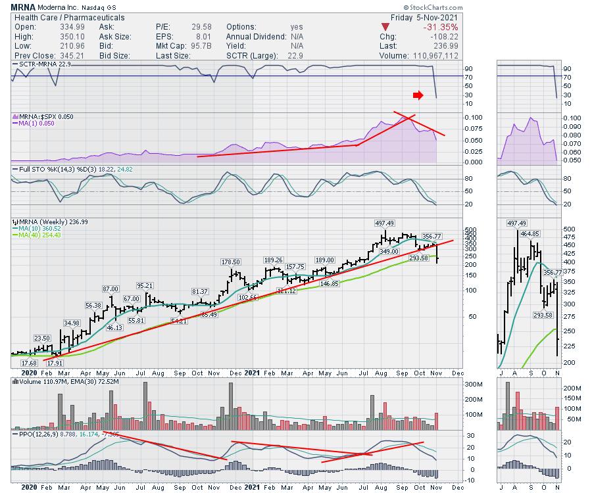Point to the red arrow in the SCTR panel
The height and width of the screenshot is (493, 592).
coord(418,96)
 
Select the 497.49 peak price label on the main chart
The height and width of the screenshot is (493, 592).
coord(385,223)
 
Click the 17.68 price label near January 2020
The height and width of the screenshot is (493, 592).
coord(29,363)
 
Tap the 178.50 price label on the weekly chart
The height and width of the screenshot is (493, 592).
coord(233,262)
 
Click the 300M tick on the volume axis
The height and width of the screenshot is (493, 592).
coord(455,383)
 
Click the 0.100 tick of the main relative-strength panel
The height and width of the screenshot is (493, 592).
coord(455,117)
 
